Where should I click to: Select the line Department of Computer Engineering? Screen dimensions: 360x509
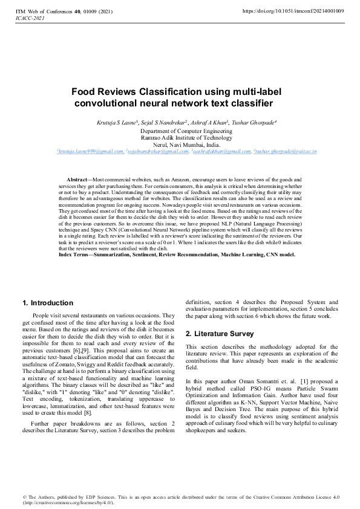[x=180, y=131]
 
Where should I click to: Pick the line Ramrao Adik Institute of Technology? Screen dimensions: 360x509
[x=180, y=138]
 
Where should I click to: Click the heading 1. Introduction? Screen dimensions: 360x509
[x=48, y=303]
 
